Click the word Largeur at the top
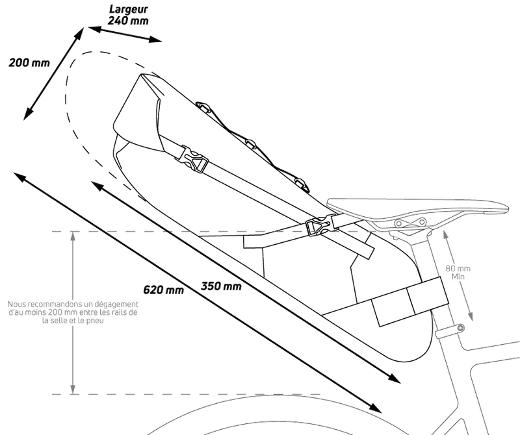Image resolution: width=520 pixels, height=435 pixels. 128,10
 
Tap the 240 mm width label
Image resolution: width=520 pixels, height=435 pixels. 128,21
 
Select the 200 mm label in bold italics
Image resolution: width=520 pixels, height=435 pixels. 29,62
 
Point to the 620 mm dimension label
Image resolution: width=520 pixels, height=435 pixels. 164,290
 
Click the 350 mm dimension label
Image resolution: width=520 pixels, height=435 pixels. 221,286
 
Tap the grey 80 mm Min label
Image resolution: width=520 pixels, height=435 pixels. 458,272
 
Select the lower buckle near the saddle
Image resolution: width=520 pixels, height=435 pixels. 318,227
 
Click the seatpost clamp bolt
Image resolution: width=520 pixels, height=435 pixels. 460,328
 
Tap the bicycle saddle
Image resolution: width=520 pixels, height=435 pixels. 418,208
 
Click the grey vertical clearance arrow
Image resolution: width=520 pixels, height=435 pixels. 73,313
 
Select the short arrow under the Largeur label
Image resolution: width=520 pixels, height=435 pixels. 125,35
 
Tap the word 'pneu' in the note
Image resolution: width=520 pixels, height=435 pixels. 96,321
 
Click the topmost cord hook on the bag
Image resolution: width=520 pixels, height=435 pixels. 203,106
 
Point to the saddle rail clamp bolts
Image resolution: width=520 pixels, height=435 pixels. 411,222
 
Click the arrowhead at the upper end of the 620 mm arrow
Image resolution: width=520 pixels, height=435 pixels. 19,177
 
